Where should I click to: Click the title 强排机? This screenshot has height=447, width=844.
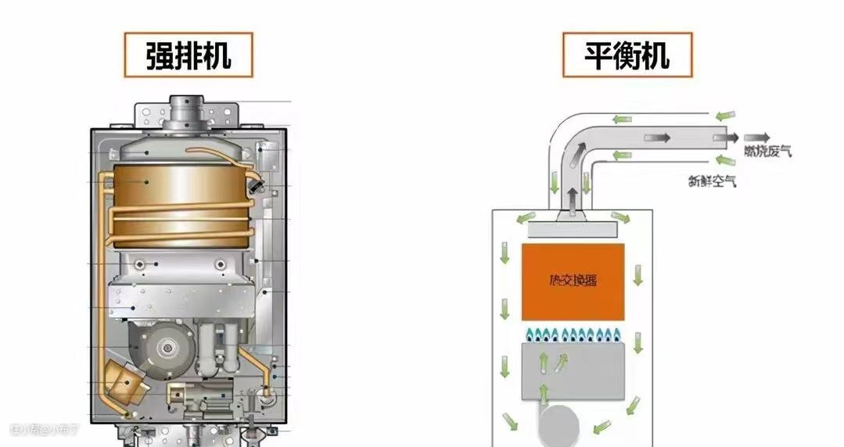(188, 55)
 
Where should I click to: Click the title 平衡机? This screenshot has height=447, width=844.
(627, 55)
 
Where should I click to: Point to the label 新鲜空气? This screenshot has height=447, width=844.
(712, 181)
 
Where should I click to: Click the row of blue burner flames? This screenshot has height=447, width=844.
(573, 337)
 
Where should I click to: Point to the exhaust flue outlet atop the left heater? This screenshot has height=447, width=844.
(186, 106)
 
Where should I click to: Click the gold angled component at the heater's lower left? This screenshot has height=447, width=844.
(123, 382)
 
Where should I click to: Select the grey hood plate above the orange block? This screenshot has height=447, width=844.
(573, 229)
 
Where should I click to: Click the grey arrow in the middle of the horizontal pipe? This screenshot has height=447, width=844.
(656, 138)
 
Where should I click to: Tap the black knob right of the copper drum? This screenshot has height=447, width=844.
(255, 185)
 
